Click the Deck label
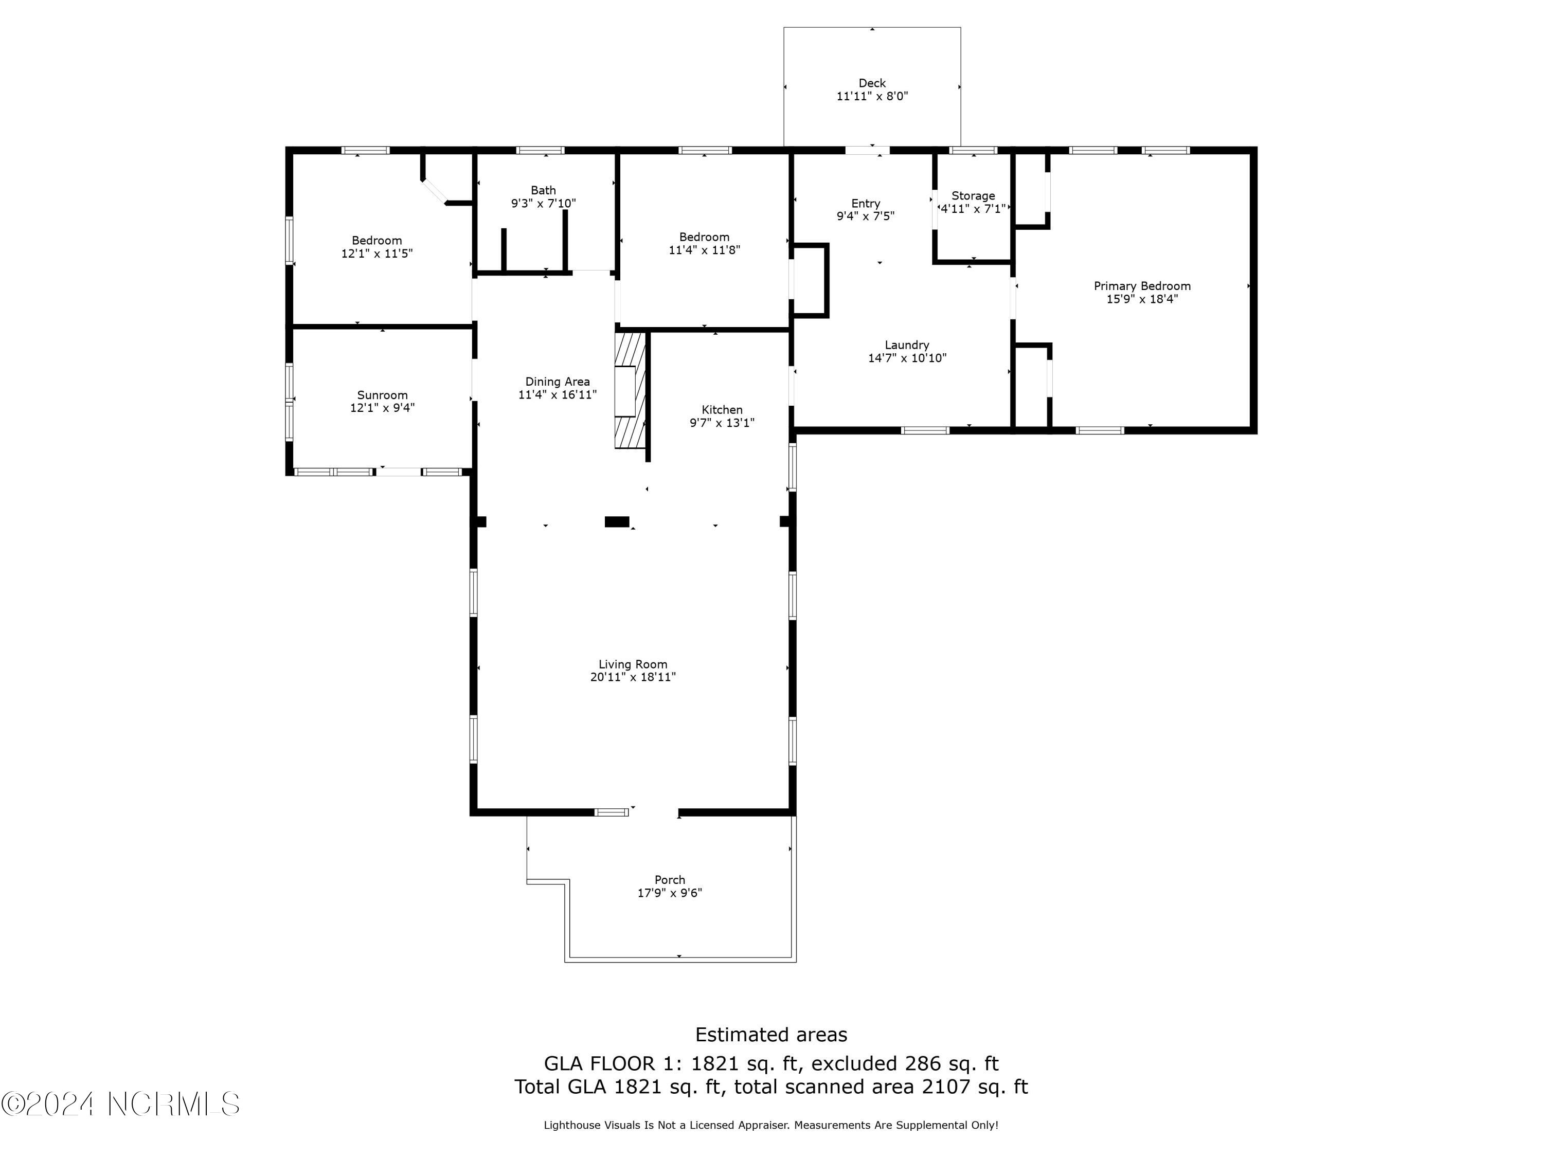871,83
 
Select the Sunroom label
382,395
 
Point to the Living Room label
632,664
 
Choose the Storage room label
973,196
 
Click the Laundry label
906,345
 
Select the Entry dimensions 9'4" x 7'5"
865,216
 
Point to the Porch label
669,879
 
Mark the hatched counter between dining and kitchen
629,390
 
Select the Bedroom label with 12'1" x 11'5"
376,241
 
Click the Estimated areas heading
771,1034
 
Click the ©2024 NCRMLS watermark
120,1104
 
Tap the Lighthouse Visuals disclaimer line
771,1125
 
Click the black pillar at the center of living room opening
616,521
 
